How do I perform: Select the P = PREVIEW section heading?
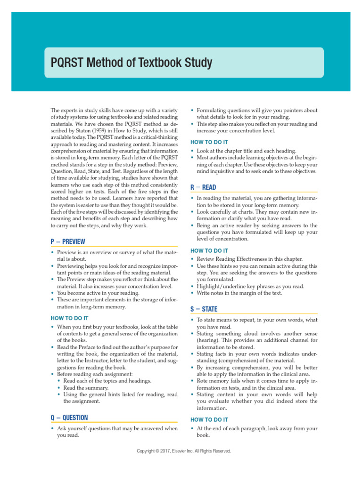pos(68,241)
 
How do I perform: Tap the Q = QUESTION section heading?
pos(69,418)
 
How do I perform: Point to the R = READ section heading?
pos(203,187)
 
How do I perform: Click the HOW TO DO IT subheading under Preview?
pos(69,318)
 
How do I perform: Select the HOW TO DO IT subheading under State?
pos(209,419)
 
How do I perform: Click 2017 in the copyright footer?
pos(168,451)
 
